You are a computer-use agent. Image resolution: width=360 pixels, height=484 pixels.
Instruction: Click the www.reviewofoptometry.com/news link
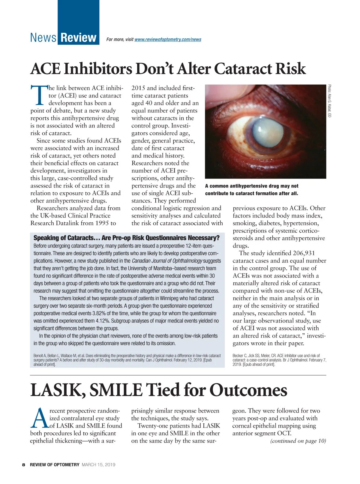(x=168, y=40)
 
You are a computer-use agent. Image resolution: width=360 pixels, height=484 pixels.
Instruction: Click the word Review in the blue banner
(x=78, y=38)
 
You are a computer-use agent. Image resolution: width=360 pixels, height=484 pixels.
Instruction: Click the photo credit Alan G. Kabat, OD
(x=329, y=101)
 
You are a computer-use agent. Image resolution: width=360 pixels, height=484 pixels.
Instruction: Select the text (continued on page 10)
(x=298, y=441)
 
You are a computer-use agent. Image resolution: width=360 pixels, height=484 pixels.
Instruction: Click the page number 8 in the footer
(x=23, y=465)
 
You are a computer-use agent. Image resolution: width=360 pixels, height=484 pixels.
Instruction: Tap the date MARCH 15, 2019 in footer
(x=98, y=465)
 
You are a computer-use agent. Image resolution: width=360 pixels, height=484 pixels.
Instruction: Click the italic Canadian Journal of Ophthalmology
(x=167, y=261)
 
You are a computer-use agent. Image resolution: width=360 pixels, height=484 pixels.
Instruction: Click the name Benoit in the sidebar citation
(x=38, y=356)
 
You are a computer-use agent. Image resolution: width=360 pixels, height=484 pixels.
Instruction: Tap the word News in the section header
(x=43, y=38)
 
